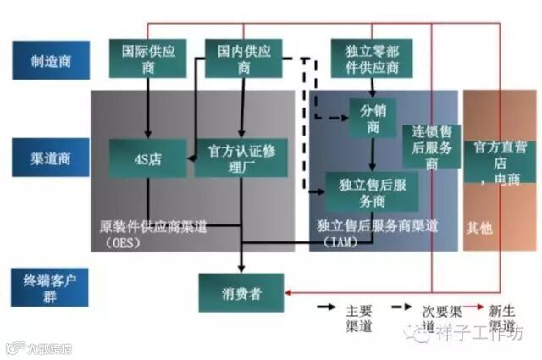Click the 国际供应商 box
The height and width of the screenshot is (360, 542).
point(147,58)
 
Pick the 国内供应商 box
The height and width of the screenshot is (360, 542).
point(244,58)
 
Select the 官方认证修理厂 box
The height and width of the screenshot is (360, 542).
point(241,158)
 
